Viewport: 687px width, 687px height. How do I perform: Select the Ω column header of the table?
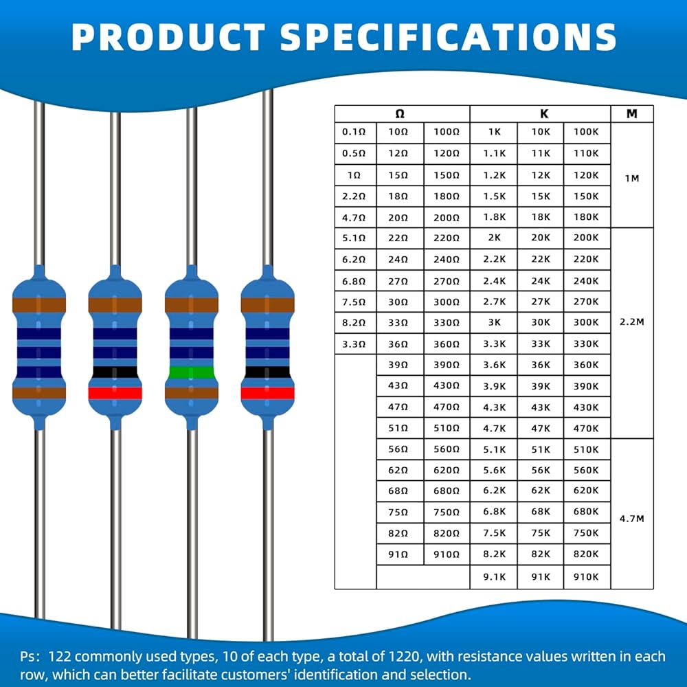(x=401, y=114)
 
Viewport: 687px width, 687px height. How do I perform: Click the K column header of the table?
(x=540, y=114)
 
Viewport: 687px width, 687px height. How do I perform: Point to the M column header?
(x=632, y=114)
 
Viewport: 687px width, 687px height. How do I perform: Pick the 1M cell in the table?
(x=632, y=178)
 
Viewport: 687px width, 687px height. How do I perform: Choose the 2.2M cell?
(x=632, y=322)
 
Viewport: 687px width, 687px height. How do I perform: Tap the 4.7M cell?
(x=632, y=519)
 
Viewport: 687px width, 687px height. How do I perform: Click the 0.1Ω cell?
(x=354, y=131)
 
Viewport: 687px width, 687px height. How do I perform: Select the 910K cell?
(x=587, y=577)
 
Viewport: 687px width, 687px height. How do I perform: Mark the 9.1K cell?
(x=494, y=577)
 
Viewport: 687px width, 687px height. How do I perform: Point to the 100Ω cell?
(x=447, y=131)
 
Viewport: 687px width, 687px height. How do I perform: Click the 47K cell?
(x=541, y=427)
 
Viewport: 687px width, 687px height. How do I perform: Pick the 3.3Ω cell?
(x=354, y=343)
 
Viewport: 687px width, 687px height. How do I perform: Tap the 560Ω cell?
(x=447, y=449)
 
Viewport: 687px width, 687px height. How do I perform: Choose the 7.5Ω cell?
(x=354, y=301)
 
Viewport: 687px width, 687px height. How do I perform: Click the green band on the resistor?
(x=192, y=373)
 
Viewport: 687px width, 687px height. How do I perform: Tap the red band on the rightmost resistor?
(x=268, y=393)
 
